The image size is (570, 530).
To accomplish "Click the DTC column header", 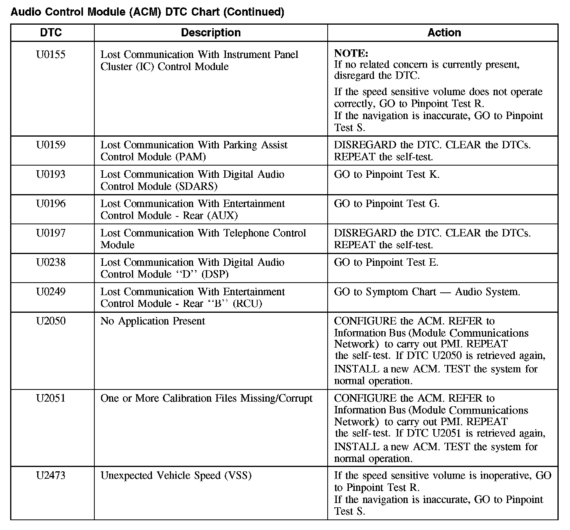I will coord(51,32).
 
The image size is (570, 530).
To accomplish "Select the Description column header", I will coord(211,32).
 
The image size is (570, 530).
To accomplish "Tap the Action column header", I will coord(444,32).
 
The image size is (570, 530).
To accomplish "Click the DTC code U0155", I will coord(51,55).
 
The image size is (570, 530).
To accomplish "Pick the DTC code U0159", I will coord(51,145).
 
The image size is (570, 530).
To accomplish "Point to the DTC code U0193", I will coord(51,175).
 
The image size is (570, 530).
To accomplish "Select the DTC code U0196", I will coord(51,204).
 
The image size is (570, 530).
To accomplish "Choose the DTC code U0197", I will coord(51,233).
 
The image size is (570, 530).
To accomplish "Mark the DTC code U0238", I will coord(51,263).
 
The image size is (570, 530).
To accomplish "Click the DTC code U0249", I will coord(51,292).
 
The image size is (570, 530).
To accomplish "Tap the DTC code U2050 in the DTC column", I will coord(51,321).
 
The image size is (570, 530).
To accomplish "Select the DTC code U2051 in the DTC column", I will coord(51,398).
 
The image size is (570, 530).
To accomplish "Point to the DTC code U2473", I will coord(51,476).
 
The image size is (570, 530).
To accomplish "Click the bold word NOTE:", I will coord(351,54).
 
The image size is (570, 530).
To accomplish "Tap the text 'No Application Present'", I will coord(153,321).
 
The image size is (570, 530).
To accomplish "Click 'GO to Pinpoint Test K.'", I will coord(387,175).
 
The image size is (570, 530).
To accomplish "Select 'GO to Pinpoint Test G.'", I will coord(387,204).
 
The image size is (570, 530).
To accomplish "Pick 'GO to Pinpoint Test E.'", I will coord(386,263).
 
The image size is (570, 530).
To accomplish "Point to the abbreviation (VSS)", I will coord(238,476).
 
